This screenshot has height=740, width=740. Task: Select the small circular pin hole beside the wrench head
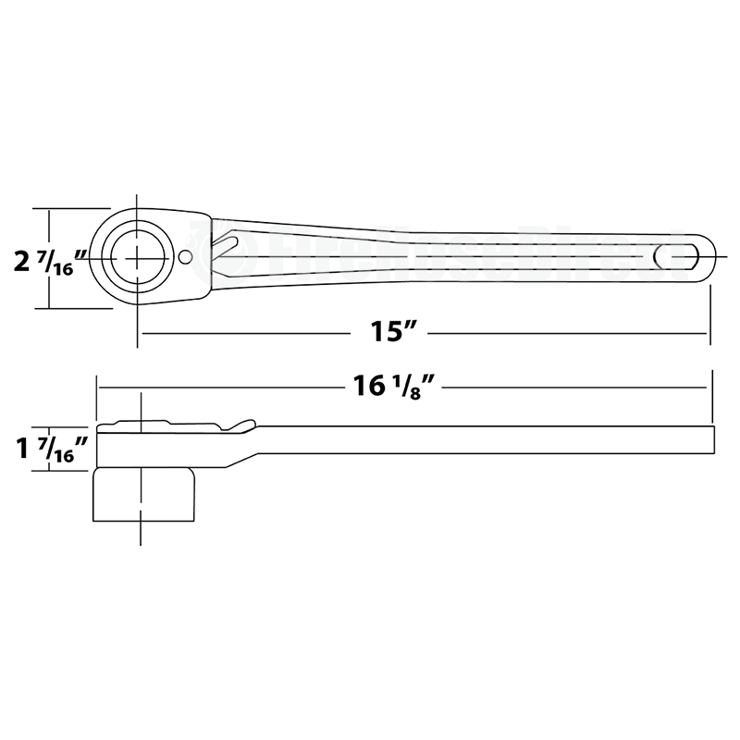pos(186,257)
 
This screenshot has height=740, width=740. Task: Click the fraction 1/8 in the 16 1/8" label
pos(422,387)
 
